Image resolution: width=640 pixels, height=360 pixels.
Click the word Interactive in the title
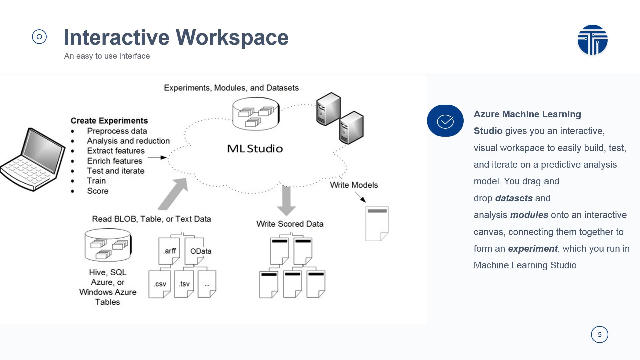116,37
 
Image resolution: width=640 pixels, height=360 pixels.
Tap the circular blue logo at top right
592,40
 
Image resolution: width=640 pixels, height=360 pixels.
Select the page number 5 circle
599,334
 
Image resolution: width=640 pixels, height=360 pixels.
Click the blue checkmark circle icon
445,121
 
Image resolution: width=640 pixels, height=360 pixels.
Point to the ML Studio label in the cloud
255,149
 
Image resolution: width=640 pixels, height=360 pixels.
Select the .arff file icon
169,251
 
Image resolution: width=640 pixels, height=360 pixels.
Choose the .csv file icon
160,284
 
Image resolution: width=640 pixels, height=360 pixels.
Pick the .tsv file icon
184,284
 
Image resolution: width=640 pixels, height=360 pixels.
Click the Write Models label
354,185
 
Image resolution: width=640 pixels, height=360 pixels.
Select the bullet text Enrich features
115,161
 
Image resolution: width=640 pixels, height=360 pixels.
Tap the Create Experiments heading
109,121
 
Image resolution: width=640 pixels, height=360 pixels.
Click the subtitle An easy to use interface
107,56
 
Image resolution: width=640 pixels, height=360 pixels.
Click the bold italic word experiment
532,249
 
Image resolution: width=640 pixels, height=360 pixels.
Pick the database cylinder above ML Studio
256,114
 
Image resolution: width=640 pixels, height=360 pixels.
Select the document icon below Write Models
377,223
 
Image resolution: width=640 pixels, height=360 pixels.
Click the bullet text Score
98,191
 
